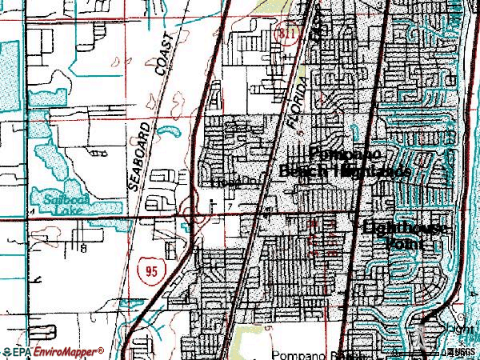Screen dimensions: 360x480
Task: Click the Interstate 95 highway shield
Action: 151,272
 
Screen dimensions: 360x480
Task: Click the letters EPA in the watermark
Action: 22,352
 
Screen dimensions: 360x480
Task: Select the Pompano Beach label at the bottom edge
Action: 305,354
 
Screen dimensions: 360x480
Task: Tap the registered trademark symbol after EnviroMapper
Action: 102,349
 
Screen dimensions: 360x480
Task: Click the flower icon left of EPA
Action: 6,352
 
